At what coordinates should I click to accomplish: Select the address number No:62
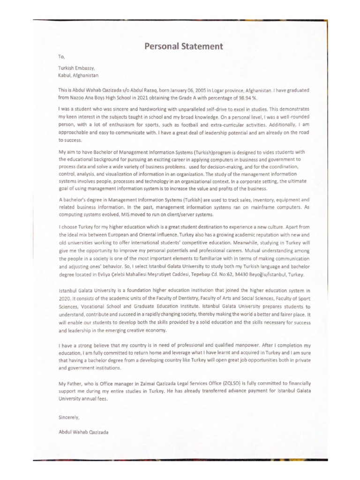click(x=232, y=274)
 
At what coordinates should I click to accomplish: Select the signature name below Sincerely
click(x=83, y=433)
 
